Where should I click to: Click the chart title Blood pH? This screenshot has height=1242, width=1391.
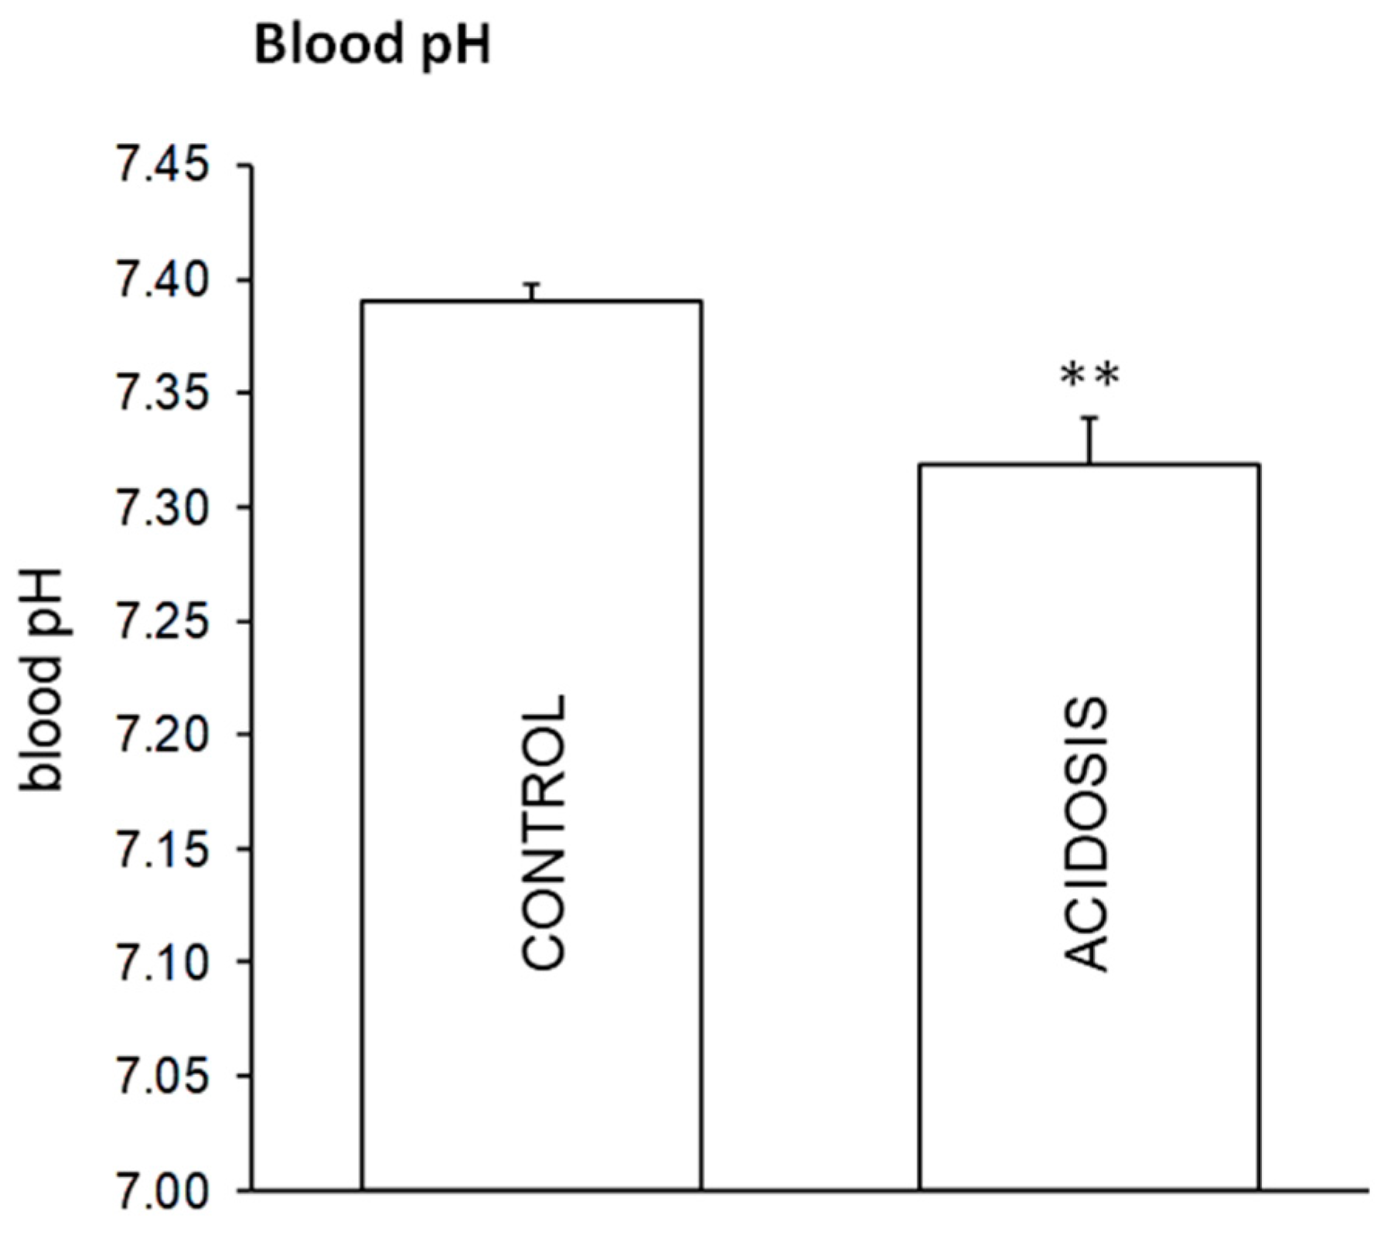372,46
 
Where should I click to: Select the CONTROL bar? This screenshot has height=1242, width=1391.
532,541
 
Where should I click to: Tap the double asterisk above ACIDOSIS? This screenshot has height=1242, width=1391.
1089,377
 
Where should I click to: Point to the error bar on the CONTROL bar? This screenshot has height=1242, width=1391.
532,292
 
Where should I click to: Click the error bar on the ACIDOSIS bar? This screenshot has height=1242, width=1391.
1089,439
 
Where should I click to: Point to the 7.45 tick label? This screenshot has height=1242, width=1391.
162,166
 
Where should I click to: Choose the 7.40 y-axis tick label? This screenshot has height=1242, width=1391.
162,280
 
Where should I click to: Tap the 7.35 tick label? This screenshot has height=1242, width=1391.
162,394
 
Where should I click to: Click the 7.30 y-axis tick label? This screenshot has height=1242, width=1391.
162,507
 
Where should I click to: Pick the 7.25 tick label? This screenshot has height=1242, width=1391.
162,621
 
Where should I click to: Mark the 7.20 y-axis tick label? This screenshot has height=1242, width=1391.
162,735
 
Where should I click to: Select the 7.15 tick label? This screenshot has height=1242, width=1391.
162,848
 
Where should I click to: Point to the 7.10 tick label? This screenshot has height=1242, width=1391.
162,962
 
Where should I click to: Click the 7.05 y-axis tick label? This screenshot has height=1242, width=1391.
162,1076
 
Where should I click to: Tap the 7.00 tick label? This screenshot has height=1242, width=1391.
162,1189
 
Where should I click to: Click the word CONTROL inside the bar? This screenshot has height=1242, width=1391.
544,831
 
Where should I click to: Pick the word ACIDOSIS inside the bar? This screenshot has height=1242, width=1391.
1087,834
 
